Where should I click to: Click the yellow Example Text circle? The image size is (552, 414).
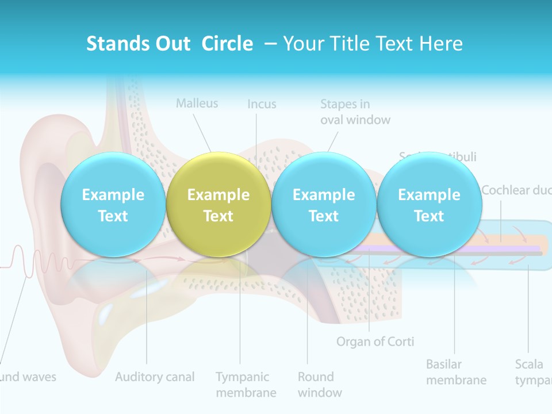tap(218, 205)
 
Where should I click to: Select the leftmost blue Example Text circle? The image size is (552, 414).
tap(113, 205)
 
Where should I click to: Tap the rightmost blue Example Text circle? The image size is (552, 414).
tap(429, 205)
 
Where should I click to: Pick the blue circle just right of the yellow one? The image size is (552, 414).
tap(324, 205)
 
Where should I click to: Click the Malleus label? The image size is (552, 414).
tap(197, 103)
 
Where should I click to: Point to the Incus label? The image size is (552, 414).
tap(262, 104)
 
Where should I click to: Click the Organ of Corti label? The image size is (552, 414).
tap(375, 342)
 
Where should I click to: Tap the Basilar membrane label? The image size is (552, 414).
tap(456, 372)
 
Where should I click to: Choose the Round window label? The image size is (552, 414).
tap(319, 385)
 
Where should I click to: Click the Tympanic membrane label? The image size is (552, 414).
tap(246, 385)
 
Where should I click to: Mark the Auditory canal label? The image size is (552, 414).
tap(155, 377)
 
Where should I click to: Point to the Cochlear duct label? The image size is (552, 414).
tap(516, 190)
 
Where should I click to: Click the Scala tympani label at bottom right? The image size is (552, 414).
tap(532, 372)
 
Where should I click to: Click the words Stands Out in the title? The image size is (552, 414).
tap(138, 44)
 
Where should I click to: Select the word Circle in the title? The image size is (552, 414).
tap(227, 44)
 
